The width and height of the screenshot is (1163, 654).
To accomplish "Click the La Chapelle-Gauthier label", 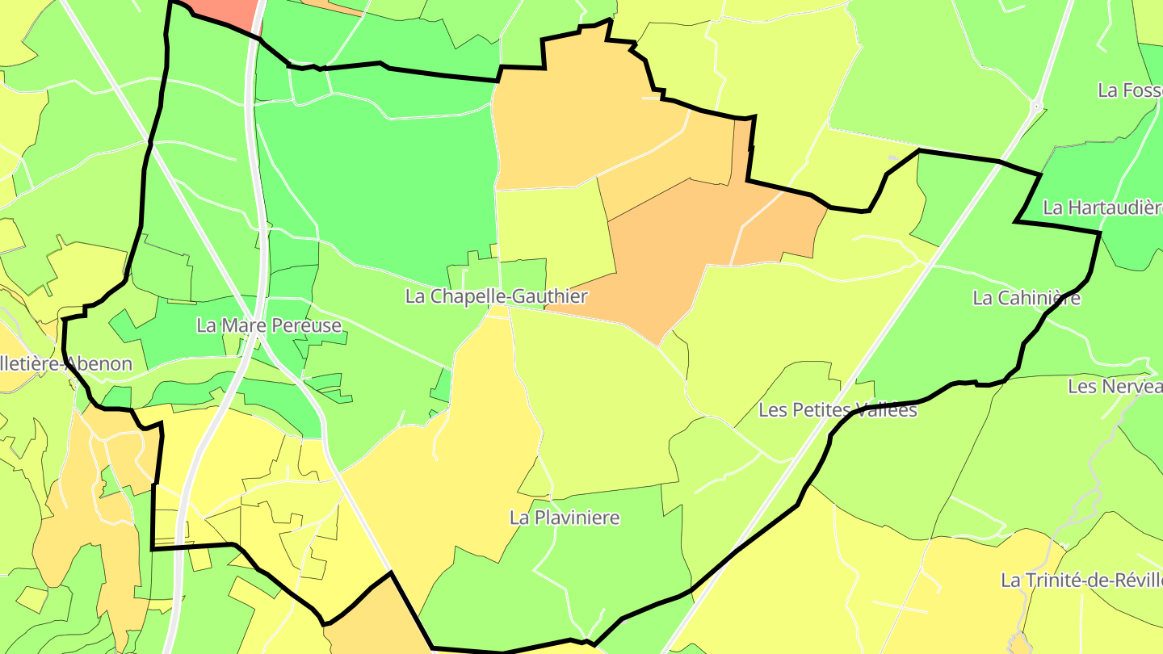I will [x=496, y=296].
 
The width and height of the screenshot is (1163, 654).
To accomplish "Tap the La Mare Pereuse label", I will [x=269, y=325].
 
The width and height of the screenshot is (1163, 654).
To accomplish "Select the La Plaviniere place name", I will [x=565, y=518].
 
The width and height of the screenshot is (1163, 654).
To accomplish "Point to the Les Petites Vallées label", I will [x=838, y=410].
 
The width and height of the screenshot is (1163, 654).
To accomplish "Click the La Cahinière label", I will [x=1027, y=298].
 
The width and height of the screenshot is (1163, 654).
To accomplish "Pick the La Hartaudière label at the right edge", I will [x=1102, y=208].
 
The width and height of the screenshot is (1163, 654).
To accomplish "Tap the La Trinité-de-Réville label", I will [x=1081, y=580].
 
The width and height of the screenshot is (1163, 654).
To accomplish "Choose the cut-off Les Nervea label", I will [x=1115, y=386].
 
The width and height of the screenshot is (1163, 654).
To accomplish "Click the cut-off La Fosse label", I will [x=1130, y=90].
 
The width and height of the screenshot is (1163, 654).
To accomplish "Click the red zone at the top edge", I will [x=228, y=12].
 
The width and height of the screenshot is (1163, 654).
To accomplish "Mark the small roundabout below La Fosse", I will [x=1036, y=106].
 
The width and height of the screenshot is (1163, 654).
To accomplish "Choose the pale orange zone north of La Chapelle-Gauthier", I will [x=581, y=121].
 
